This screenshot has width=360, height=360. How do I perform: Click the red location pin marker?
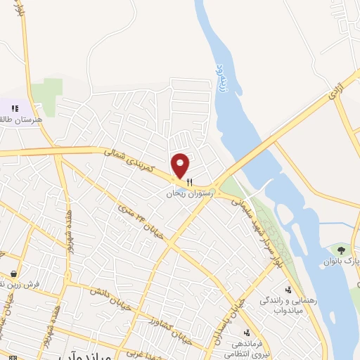pyautogui.click(x=181, y=165)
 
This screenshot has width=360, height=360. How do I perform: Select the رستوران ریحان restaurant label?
pyautogui.click(x=189, y=192)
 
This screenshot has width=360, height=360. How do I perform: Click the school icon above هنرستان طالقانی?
pyautogui.click(x=15, y=108)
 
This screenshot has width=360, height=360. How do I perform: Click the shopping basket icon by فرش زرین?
pyautogui.click(x=14, y=274)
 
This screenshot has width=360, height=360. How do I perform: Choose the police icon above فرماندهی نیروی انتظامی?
pyautogui.click(x=246, y=333)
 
